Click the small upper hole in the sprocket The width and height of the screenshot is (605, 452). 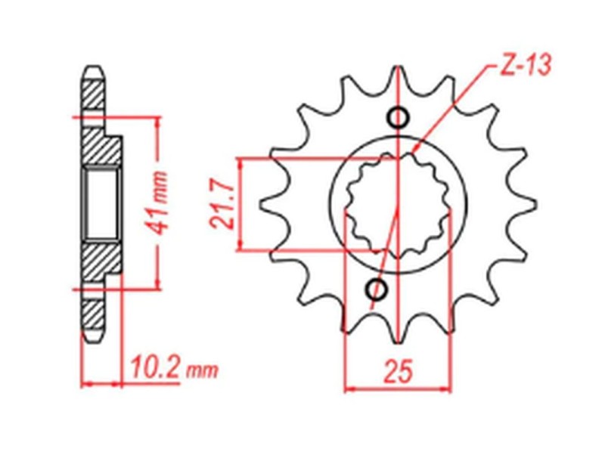[x=398, y=117]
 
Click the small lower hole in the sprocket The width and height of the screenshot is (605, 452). [x=377, y=289]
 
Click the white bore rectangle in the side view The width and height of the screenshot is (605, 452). [x=102, y=203]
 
